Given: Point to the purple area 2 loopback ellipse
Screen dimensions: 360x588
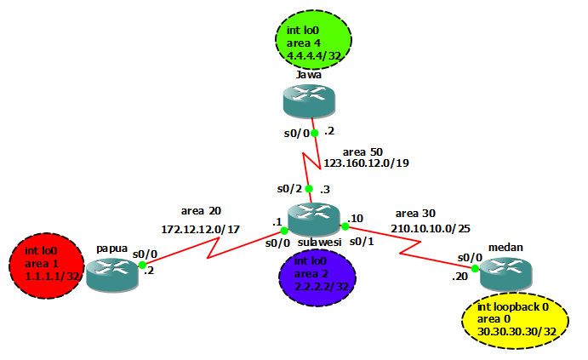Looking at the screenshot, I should (319, 277).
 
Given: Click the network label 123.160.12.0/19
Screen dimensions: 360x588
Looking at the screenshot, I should (366, 163).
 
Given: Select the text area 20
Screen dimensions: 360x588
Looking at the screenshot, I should (201, 210).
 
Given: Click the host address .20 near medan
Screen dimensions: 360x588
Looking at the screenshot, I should (460, 277).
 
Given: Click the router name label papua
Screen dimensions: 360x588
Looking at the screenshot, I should (112, 249).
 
